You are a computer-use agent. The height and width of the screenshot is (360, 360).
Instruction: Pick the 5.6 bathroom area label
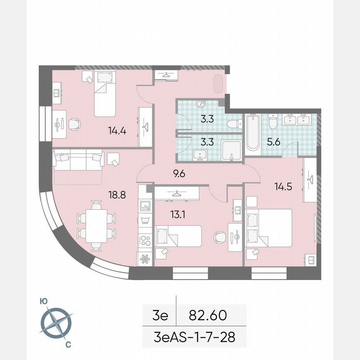pos(274,142)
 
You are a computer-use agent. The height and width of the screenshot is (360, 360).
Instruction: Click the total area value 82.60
pos(207,315)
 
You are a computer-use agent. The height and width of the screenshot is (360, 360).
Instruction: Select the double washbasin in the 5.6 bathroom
pos(297,120)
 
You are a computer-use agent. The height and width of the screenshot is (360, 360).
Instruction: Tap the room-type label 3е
pos(160,315)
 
